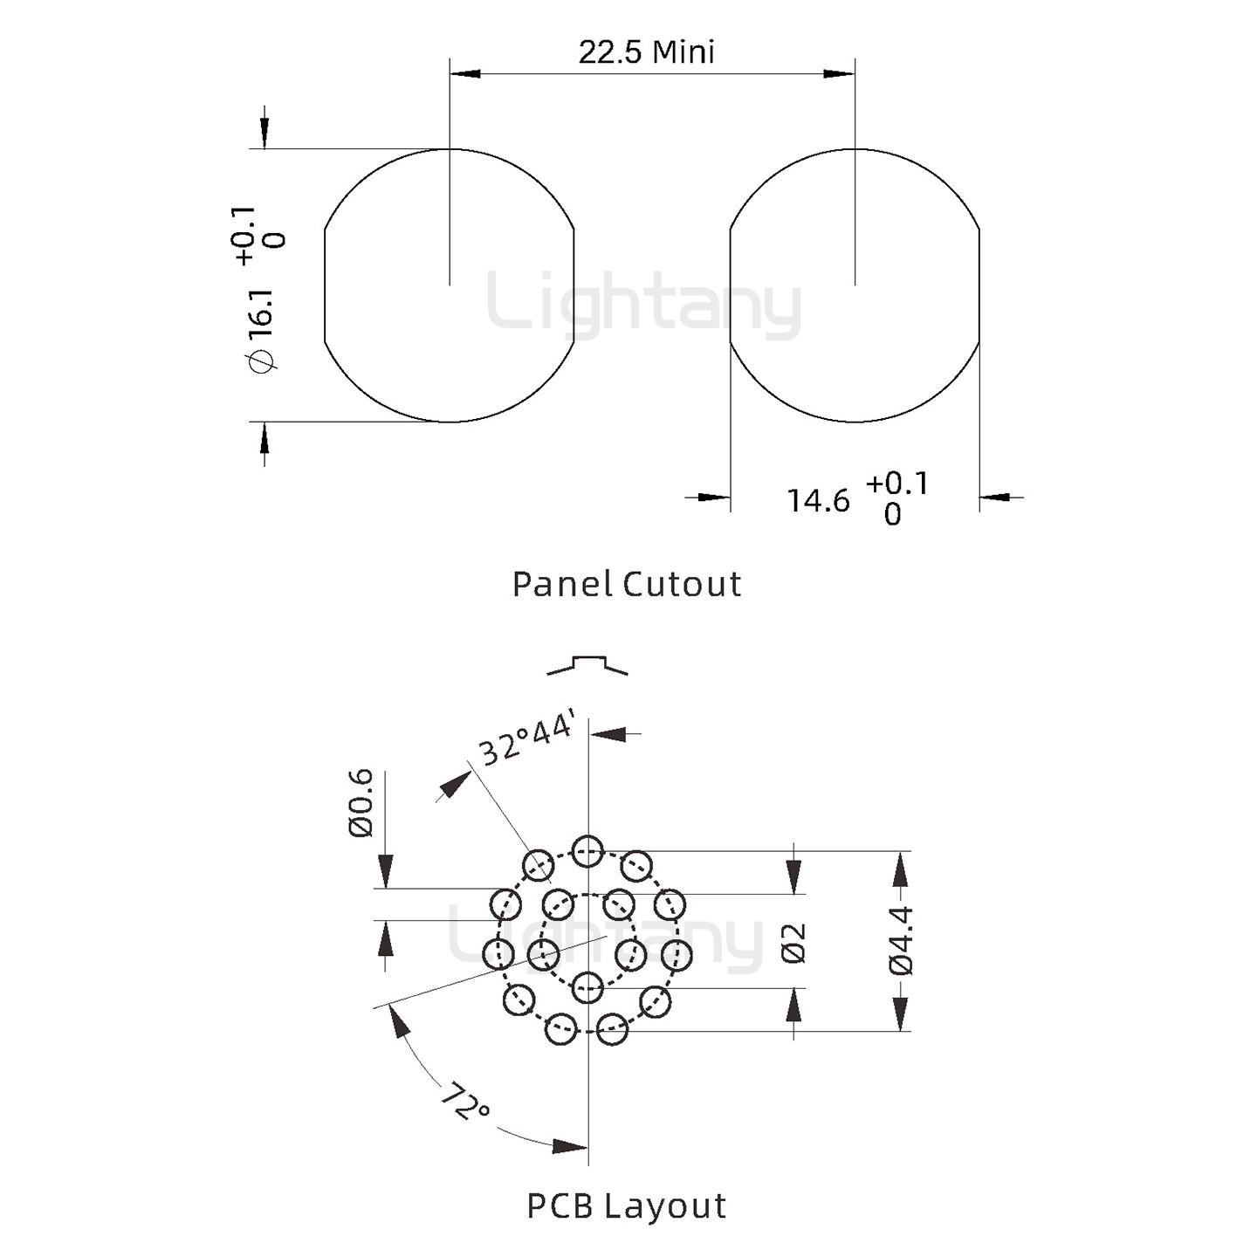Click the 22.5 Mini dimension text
pos(646,52)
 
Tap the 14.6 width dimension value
pos(818,501)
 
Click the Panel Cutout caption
pos(627,584)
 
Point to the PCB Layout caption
pos(626,1205)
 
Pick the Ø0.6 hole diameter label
pos(361,803)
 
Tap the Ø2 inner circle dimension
pos(793,943)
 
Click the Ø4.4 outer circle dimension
pos(901,941)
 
